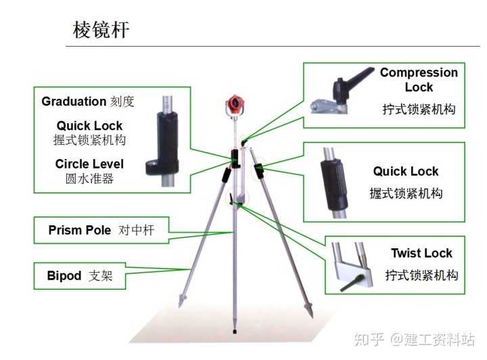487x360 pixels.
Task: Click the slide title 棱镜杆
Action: (101, 30)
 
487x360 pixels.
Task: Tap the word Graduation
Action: (74, 102)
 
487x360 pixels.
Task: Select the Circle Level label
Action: (89, 164)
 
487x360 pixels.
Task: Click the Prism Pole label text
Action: (79, 230)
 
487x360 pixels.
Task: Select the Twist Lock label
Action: (421, 253)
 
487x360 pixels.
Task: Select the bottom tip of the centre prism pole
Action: (234, 332)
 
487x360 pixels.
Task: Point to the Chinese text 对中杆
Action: (137, 230)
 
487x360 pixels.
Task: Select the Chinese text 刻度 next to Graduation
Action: (122, 102)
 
